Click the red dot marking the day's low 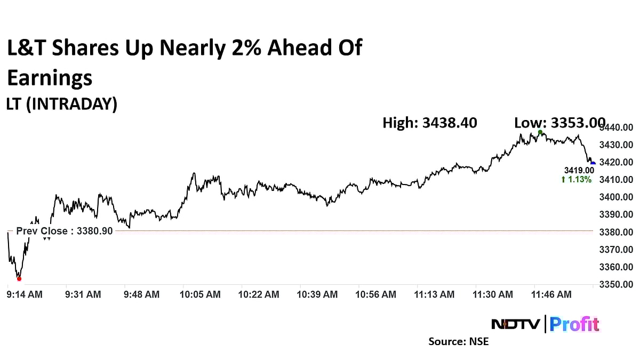(19, 278)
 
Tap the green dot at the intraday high (540, 132)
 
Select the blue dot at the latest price (593, 163)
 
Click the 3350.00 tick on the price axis (617, 284)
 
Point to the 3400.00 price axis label (617, 197)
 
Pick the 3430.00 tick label (617, 145)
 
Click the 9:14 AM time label (24, 294)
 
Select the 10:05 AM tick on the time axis (201, 294)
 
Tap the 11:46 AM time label (553, 294)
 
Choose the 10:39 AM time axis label (318, 294)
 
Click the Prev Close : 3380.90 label (65, 231)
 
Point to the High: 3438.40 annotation (430, 123)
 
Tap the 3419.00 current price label (579, 170)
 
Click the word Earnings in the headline (50, 78)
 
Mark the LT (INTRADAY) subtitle (62, 105)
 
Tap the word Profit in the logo (574, 324)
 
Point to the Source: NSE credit (458, 341)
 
